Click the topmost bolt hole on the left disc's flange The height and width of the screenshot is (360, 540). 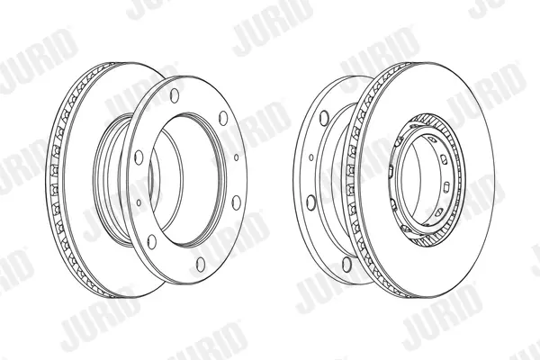(x=175, y=95)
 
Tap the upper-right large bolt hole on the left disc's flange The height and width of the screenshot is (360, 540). (x=223, y=118)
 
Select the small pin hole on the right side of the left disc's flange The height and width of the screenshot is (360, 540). (x=236, y=157)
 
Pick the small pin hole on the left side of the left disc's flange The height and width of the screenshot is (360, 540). (x=139, y=202)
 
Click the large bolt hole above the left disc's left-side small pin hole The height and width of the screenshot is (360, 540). (x=139, y=157)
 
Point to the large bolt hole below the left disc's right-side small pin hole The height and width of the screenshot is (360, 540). (x=236, y=202)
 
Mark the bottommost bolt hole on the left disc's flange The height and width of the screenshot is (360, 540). (x=201, y=264)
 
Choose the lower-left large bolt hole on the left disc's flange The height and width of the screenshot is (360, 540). (x=151, y=241)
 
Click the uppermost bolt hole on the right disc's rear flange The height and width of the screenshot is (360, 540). (x=324, y=118)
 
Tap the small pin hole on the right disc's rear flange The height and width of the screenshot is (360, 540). (x=311, y=157)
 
